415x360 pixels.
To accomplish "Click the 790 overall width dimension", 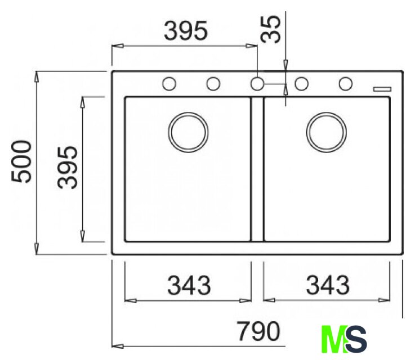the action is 258,331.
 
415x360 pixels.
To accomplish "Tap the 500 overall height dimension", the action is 21,161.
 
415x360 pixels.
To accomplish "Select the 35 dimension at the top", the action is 270,29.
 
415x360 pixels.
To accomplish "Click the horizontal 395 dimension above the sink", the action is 186,30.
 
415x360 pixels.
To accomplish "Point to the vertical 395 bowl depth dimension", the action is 68,167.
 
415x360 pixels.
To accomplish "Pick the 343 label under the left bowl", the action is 189,285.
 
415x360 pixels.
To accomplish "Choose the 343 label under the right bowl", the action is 328,285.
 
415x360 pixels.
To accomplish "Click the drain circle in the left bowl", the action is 188,132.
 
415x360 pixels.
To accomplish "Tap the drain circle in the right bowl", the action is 327,132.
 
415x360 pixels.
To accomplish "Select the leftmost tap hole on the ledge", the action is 169,84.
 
